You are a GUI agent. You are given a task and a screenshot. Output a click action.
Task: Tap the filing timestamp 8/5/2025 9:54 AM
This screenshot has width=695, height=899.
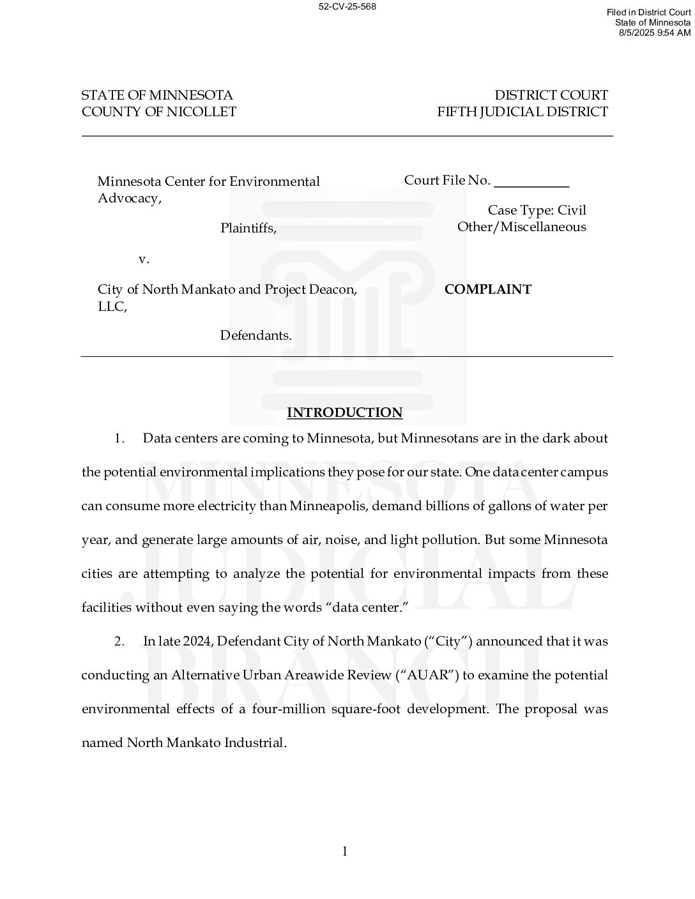(655, 33)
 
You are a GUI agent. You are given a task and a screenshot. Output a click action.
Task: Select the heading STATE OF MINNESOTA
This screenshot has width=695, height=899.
(157, 95)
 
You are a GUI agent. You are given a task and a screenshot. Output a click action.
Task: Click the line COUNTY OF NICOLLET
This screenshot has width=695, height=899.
(159, 112)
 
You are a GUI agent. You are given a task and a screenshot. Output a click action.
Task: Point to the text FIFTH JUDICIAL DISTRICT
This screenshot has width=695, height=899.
(523, 112)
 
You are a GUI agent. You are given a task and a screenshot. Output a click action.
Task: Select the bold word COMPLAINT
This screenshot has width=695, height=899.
(487, 289)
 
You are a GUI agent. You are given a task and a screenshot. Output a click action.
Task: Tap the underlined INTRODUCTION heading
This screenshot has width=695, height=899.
(344, 412)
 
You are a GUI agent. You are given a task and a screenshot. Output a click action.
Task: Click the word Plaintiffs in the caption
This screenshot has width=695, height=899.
(248, 228)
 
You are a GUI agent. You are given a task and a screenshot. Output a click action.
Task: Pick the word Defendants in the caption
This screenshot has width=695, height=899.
(256, 335)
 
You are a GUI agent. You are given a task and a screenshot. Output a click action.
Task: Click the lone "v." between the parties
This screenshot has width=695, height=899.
(144, 259)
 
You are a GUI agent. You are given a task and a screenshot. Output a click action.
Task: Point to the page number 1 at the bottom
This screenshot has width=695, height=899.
(345, 851)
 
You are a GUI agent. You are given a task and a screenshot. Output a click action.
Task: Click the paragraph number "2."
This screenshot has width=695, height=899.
(119, 641)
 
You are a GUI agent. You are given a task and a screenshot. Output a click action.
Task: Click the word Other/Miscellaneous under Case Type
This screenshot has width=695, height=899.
(521, 227)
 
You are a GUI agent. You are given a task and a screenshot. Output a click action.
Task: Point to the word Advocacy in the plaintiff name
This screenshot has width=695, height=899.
(128, 198)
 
